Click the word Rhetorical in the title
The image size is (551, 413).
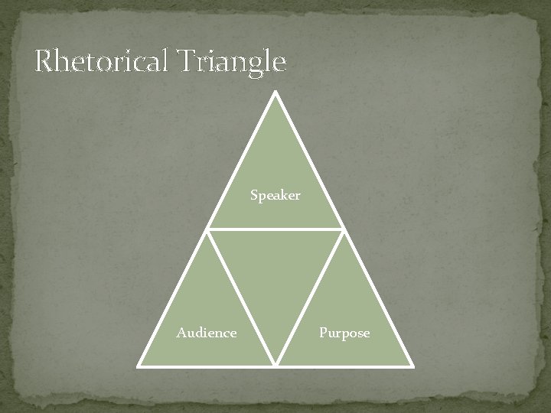click(x=105, y=61)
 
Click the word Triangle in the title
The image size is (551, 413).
click(x=233, y=61)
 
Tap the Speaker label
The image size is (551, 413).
click(x=275, y=196)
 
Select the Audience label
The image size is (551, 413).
click(x=207, y=333)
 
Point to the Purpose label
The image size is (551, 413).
click(x=344, y=333)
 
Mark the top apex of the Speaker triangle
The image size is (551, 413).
click(x=275, y=93)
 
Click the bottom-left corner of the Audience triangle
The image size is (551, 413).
click(x=139, y=366)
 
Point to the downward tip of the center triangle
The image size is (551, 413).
click(x=275, y=363)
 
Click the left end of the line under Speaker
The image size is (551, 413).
click(x=208, y=229)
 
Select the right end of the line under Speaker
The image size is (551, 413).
click(x=343, y=229)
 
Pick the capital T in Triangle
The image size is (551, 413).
click(x=190, y=61)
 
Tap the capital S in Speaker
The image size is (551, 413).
click(x=255, y=196)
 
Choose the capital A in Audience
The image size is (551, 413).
click(x=181, y=333)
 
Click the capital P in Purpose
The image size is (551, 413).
click(x=323, y=333)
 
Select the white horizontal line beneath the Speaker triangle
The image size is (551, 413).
click(x=275, y=229)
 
